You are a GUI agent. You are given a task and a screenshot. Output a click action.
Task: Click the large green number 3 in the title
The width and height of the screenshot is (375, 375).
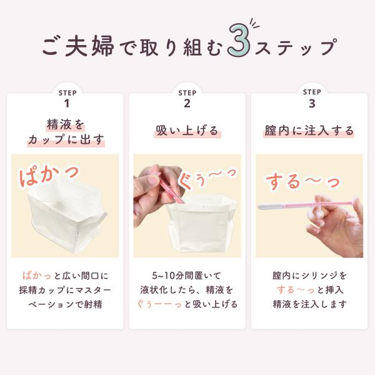click(239, 40)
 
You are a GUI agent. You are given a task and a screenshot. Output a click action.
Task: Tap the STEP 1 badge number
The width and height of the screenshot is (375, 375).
click(67, 104)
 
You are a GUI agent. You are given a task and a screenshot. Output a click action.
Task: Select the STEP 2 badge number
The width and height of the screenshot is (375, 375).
click(187, 104)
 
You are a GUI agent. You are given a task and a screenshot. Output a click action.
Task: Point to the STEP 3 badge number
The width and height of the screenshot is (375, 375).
click(312, 104)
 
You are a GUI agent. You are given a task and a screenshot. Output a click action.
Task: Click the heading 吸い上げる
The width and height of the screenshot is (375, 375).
click(187, 131)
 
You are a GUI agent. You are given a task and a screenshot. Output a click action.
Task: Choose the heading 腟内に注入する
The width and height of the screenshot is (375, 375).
click(309, 131)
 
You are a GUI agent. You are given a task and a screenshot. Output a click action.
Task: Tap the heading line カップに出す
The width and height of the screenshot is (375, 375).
click(66, 139)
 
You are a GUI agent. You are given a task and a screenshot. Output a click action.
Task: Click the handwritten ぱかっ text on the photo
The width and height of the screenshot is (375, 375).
click(49, 175)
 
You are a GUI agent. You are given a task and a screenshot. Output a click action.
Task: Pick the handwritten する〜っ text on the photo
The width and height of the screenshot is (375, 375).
click(302, 182)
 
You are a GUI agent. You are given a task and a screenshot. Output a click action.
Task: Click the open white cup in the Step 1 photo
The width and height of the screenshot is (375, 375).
click(67, 216)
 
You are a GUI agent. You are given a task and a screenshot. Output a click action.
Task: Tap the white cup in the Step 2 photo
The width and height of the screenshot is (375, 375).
click(200, 224)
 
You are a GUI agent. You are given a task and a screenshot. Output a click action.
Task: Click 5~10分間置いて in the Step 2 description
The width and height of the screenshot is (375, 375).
click(186, 276)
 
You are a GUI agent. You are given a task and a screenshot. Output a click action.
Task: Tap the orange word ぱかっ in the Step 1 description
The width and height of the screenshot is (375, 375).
click(37, 276)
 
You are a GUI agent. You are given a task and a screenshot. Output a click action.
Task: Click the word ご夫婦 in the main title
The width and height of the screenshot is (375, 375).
click(77, 46)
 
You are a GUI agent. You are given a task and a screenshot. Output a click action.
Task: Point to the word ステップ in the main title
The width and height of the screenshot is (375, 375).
click(296, 47)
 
